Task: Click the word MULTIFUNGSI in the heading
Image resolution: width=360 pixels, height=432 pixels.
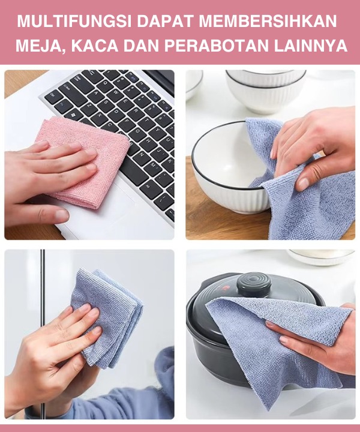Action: click(74, 21)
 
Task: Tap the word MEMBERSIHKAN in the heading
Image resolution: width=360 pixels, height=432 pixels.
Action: click(268, 21)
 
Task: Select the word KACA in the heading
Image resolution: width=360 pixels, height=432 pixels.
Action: click(95, 46)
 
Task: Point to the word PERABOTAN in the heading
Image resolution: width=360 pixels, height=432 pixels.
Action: click(217, 46)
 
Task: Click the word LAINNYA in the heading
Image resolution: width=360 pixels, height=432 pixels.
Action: click(311, 46)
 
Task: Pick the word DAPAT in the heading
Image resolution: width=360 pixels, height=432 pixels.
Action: click(165, 21)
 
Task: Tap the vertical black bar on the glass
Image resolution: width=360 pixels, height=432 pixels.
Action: click(43, 331)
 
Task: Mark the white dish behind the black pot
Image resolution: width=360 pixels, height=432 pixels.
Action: click(321, 257)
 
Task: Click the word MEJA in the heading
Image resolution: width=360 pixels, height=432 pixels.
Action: click(40, 46)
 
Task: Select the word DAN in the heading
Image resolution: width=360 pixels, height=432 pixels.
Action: click(141, 46)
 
